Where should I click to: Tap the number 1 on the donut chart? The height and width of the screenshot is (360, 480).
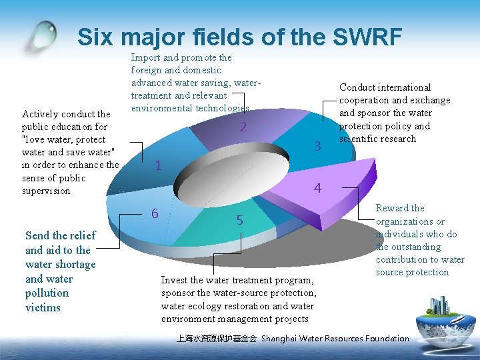coord(157,166)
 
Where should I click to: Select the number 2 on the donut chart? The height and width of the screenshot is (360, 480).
coord(244,127)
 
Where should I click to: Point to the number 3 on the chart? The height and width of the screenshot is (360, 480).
coord(318,145)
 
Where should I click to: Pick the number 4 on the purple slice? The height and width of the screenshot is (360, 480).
coord(317,189)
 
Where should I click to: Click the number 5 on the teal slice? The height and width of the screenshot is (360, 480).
coord(240,221)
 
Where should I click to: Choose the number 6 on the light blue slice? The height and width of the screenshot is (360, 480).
coord(155,213)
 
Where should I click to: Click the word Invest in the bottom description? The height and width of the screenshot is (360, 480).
coord(174,280)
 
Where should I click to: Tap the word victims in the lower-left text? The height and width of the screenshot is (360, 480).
coord(43,307)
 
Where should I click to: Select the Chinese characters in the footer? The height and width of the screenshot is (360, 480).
coord(216,339)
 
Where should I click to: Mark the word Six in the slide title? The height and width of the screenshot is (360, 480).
coord(97,37)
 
